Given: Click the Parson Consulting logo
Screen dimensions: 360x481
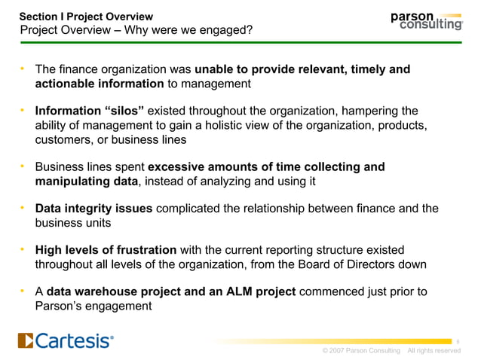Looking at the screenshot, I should tap(426, 20).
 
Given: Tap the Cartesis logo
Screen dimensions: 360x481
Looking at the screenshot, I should tap(66, 341).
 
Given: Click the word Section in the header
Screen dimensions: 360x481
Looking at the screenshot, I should tap(38, 16).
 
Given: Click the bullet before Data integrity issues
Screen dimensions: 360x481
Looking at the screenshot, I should tap(23, 209).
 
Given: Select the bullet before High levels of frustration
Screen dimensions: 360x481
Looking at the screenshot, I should tap(23, 250).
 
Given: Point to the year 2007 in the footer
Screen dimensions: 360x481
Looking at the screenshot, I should tap(337, 351).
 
